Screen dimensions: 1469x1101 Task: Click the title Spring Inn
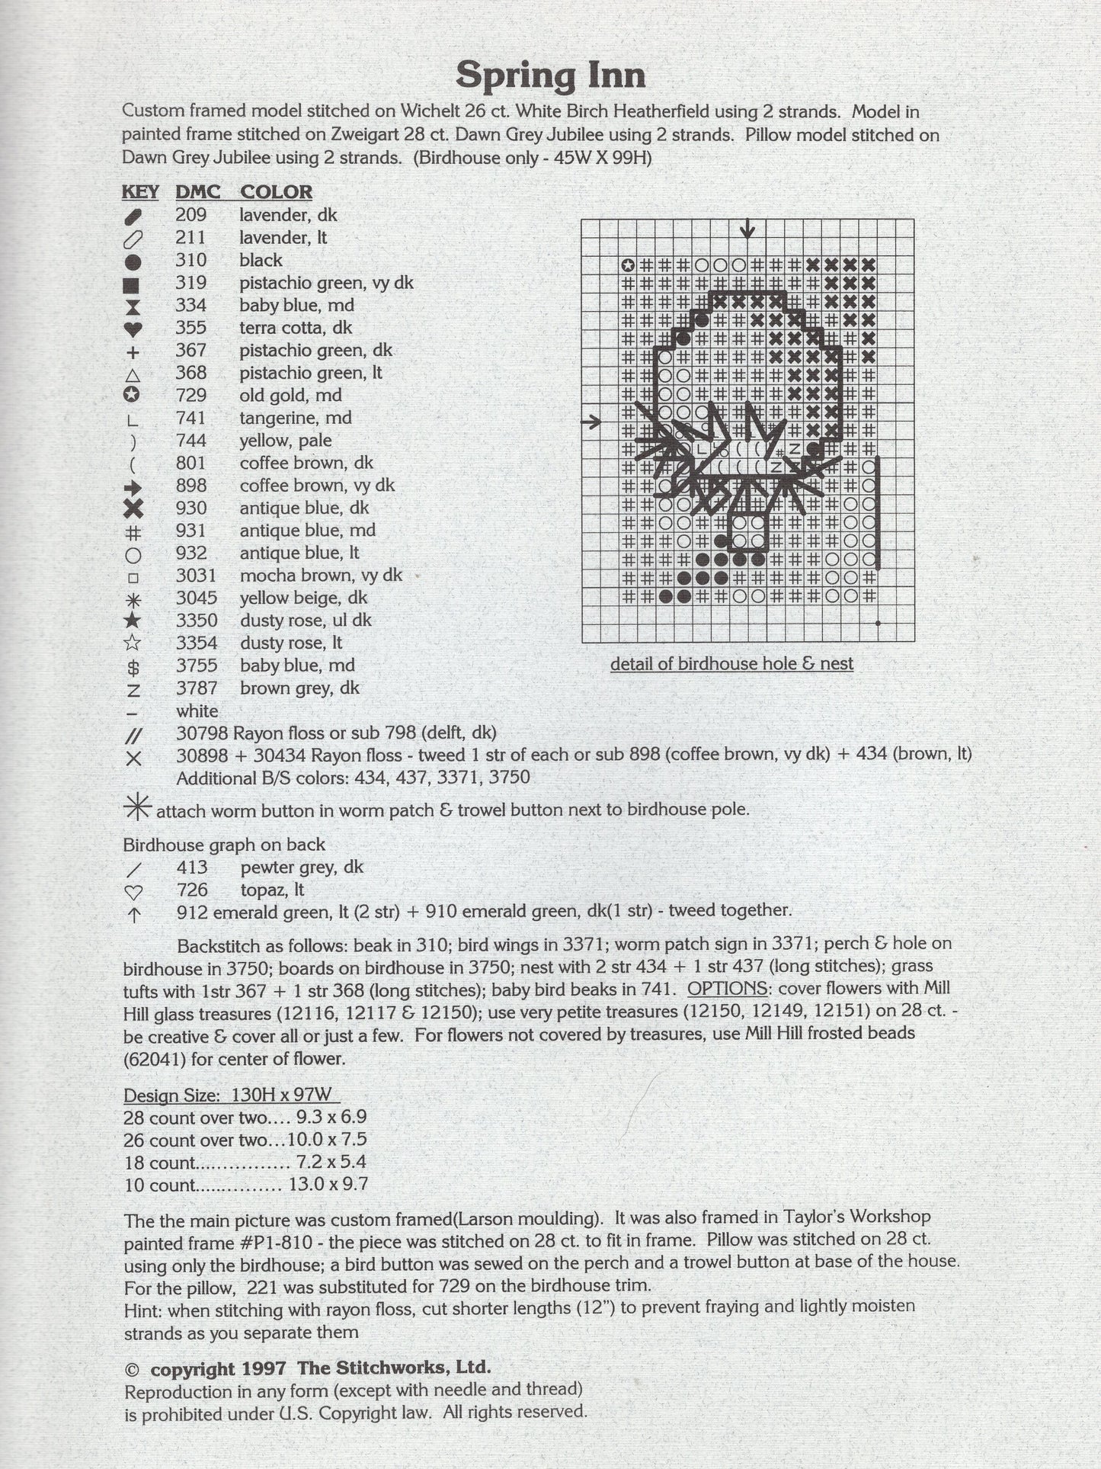pyautogui.click(x=550, y=75)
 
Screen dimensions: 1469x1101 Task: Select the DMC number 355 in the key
pyautogui.click(x=190, y=328)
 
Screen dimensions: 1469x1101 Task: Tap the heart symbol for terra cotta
pyautogui.click(x=133, y=329)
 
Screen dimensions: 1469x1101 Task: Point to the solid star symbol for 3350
pyautogui.click(x=133, y=621)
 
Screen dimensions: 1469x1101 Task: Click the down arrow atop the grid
pyautogui.click(x=748, y=228)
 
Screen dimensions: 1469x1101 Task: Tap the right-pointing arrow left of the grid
pyautogui.click(x=591, y=421)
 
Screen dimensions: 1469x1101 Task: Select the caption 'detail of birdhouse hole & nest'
pyautogui.click(x=731, y=664)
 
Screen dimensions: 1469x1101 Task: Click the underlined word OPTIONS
pyautogui.click(x=727, y=989)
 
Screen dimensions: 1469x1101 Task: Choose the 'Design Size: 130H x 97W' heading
pyautogui.click(x=231, y=1095)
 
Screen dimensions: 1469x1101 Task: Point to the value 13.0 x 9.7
pyautogui.click(x=328, y=1185)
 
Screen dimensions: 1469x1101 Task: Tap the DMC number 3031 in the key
pyautogui.click(x=196, y=576)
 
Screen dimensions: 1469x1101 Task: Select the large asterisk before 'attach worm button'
pyautogui.click(x=138, y=807)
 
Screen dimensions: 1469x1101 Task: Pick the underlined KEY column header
pyautogui.click(x=140, y=192)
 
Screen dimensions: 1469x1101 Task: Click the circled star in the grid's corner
pyautogui.click(x=628, y=266)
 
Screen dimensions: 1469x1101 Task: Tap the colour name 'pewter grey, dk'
pyautogui.click(x=302, y=867)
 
